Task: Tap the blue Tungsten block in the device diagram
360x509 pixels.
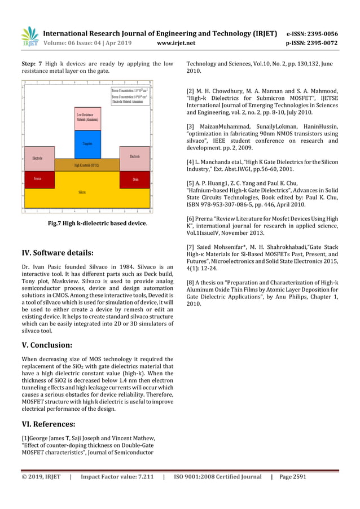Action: (x=87, y=144)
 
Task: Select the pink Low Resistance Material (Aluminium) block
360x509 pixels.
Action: (x=87, y=118)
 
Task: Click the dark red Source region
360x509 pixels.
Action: (x=39, y=179)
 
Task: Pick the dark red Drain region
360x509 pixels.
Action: (x=135, y=179)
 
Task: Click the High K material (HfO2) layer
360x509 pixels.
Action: (x=87, y=165)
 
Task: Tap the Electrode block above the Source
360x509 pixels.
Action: (x=39, y=157)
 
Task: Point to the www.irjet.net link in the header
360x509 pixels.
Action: (x=177, y=42)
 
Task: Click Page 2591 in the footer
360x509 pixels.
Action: (x=293, y=477)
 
